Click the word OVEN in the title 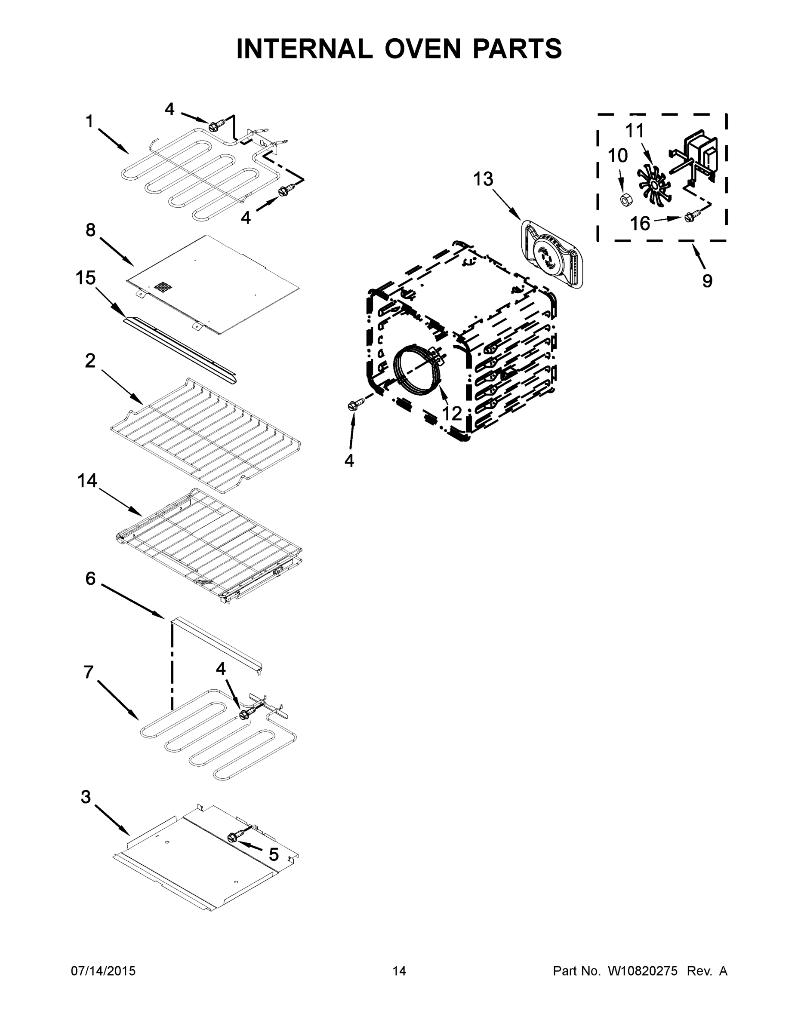point(422,49)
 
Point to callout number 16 point(640,224)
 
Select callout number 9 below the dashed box point(707,281)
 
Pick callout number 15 point(86,278)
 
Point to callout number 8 point(90,230)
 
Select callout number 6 point(90,578)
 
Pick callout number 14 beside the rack point(87,481)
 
